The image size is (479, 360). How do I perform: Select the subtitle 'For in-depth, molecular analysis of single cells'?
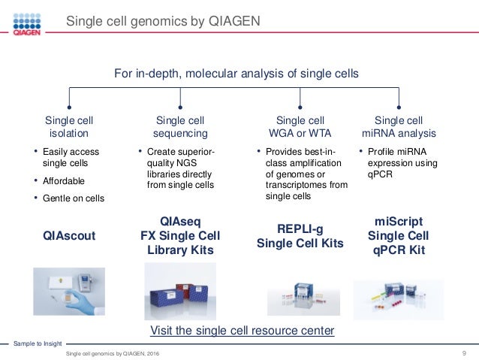point(236,74)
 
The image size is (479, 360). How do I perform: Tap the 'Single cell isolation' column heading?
point(69,127)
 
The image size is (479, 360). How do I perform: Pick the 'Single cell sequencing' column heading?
point(181,127)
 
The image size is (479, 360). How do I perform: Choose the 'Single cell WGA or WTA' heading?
point(300,127)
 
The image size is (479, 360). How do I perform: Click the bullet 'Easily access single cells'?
point(71,158)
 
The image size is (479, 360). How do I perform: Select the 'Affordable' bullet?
point(63,181)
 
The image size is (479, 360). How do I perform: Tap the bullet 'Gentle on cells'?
point(73,198)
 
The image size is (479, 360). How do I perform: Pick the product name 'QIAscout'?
point(69,236)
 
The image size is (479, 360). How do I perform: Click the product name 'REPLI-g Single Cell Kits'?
point(300,236)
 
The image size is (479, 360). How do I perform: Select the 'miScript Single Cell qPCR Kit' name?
point(399,236)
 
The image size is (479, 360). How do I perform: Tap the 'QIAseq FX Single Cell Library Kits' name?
point(180,235)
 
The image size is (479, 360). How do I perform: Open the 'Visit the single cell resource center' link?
point(242,331)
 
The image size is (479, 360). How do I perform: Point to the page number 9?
point(466,352)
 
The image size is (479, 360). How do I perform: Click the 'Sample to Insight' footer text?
point(37,343)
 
